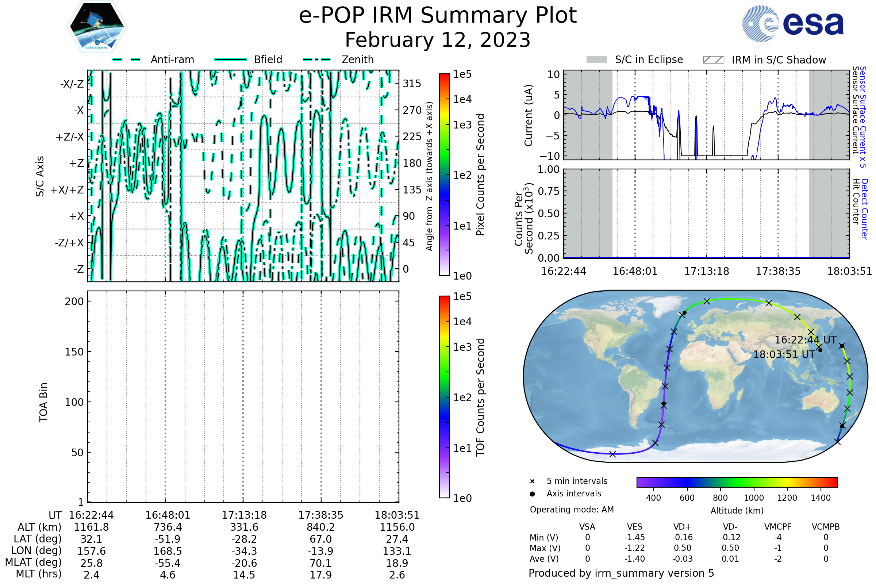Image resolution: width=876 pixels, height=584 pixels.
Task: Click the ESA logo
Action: (793, 23)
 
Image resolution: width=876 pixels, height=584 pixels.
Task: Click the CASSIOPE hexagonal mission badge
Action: (97, 26)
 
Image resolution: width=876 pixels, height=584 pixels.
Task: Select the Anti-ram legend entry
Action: (153, 59)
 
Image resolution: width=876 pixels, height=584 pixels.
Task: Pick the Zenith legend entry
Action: (338, 59)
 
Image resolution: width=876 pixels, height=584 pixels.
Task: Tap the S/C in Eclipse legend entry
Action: (635, 59)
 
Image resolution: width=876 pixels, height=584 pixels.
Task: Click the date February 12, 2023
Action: (438, 40)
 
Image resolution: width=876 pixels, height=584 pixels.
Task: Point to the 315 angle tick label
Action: (412, 84)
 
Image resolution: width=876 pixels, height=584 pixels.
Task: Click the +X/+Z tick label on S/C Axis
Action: (67, 190)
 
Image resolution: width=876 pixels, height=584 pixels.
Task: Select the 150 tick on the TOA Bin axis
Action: (74, 351)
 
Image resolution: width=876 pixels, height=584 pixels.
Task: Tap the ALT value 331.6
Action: (244, 527)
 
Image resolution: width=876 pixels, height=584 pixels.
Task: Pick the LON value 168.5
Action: (168, 551)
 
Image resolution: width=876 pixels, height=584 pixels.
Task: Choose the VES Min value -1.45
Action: (635, 537)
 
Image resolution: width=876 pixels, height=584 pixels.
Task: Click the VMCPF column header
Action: (778, 527)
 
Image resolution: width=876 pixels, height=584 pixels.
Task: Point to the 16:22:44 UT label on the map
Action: (806, 340)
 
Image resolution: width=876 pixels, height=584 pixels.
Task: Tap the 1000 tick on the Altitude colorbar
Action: (754, 498)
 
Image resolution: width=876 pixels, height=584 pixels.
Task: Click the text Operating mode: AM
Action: (572, 510)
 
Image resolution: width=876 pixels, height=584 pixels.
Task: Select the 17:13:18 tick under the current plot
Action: (707, 271)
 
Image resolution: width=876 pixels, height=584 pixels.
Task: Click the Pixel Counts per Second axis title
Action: (480, 175)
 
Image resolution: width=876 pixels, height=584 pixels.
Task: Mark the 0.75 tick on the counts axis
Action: (549, 191)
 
